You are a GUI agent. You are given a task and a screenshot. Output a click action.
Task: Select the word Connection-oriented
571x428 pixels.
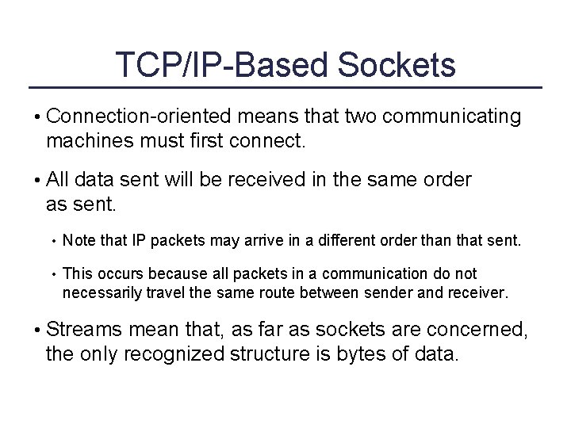(x=138, y=117)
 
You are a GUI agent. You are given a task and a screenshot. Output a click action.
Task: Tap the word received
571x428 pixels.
(x=270, y=180)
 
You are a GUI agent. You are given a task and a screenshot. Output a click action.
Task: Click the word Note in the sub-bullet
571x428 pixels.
(x=77, y=239)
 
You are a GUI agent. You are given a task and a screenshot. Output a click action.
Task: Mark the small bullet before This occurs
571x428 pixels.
(x=52, y=274)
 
